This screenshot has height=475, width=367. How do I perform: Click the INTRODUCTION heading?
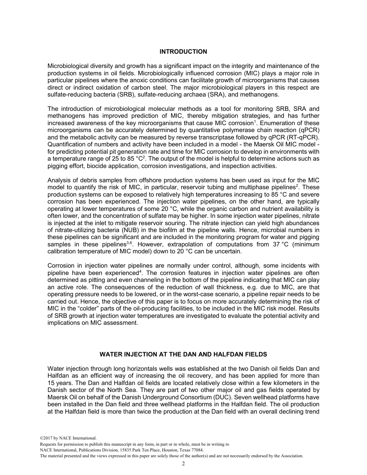point(183,51)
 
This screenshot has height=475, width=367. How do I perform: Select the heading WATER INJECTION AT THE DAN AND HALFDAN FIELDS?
point(183,354)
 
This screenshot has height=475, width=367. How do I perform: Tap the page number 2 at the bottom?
point(183,464)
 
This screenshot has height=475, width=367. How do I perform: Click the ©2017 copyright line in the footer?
point(68,438)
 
